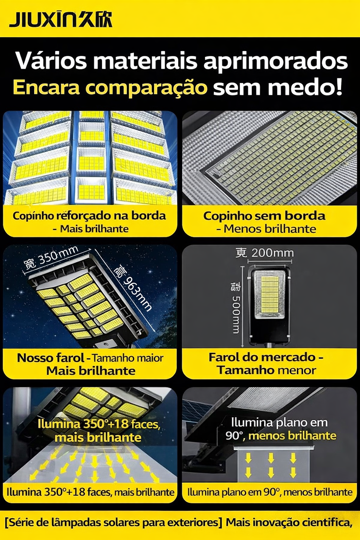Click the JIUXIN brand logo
pyautogui.click(x=60, y=20)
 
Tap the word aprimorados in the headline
pyautogui.click(x=275, y=62)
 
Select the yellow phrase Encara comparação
pyautogui.click(x=110, y=88)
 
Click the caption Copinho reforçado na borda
pyautogui.click(x=89, y=216)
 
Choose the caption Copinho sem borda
pyautogui.click(x=264, y=216)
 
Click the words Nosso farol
pyautogui.click(x=50, y=358)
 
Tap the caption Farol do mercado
pyautogui.click(x=262, y=357)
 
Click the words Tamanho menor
pyautogui.click(x=266, y=370)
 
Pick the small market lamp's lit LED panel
pyautogui.click(x=270, y=294)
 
